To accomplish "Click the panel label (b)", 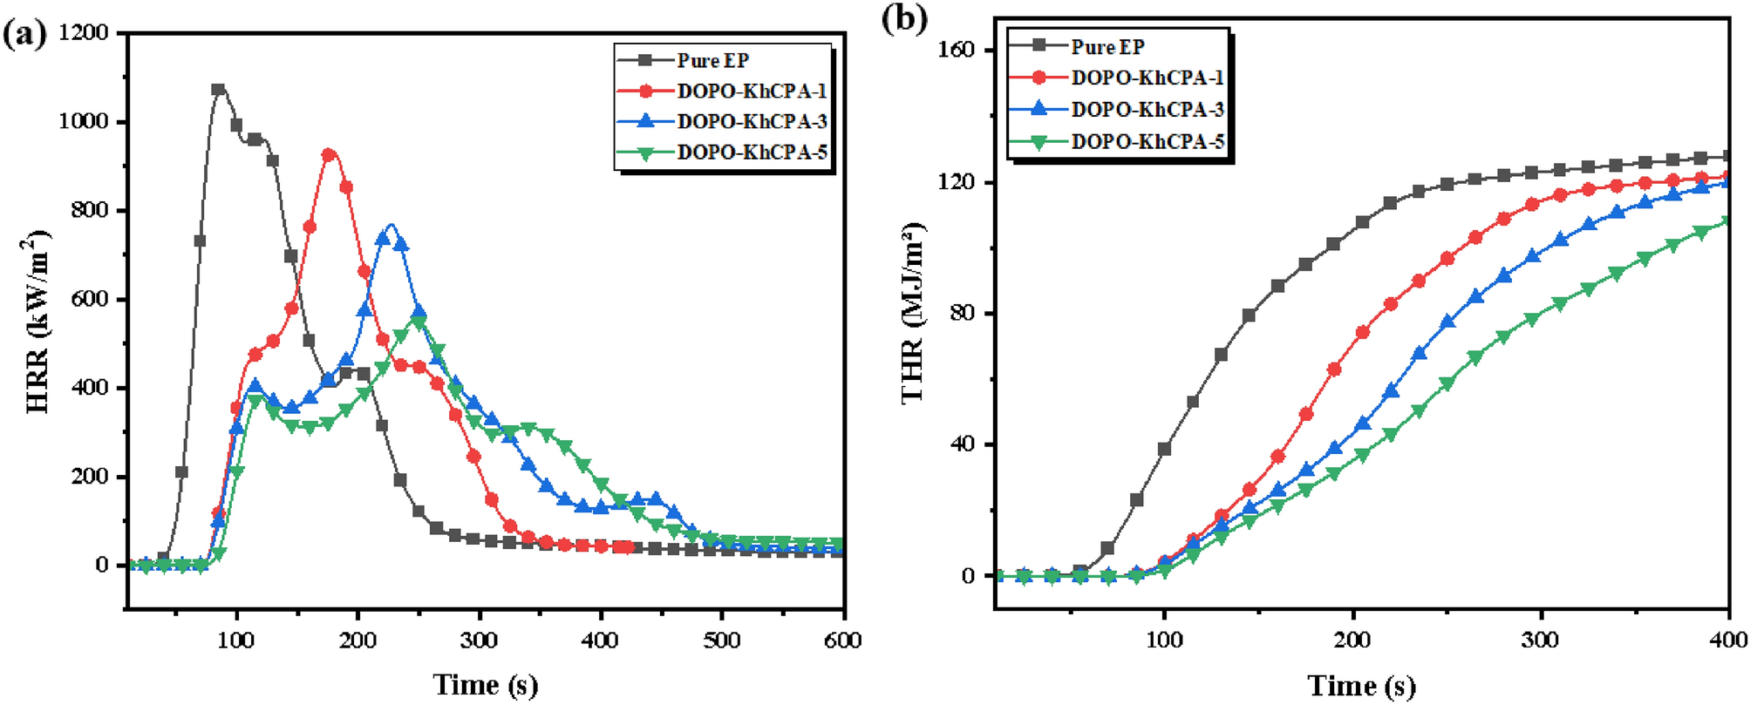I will coord(904,18).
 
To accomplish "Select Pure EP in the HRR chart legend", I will coord(712,60).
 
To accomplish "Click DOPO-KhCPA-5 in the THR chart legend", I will coord(1147,141).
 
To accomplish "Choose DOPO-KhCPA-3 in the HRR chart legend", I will coord(752,121).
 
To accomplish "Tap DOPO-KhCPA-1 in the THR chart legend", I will coord(1147,78).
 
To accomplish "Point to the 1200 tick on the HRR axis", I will coord(84,33).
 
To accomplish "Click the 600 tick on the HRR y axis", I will coord(91,300).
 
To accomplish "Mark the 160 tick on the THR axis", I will coord(957,51).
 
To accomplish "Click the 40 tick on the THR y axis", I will coord(964,444).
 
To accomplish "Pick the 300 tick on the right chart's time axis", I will coord(1540,641).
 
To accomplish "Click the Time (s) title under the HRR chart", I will coord(486,685).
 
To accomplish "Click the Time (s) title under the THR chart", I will coord(1360,686).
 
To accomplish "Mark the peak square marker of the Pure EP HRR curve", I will coord(218,89).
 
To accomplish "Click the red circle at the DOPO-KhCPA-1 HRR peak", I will coord(328,155).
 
